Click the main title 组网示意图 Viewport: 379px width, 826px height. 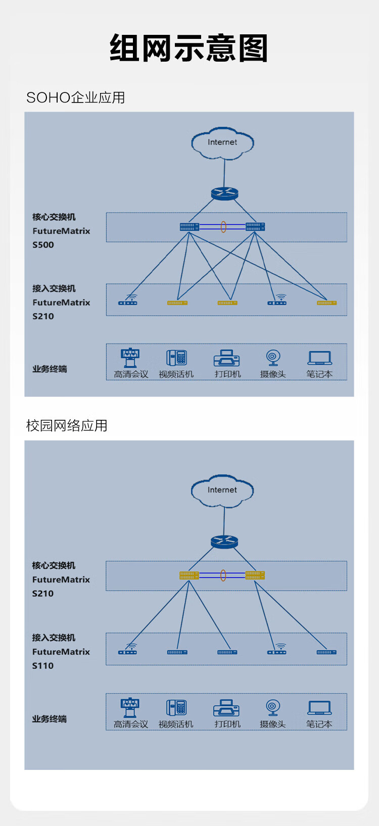click(188, 48)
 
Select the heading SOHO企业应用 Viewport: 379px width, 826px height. click(75, 97)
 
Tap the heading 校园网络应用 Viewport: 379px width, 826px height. click(67, 425)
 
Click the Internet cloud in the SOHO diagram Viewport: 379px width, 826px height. click(222, 143)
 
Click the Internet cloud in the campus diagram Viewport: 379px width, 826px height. click(222, 490)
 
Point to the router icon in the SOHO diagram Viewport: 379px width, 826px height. click(224, 193)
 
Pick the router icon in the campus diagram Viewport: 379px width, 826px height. click(224, 542)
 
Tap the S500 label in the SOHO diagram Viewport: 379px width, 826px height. click(43, 245)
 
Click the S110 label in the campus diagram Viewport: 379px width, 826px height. click(43, 666)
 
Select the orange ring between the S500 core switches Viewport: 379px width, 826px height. click(223, 227)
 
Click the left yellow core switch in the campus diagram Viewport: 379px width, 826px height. click(189, 575)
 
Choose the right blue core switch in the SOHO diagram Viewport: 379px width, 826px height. click(255, 227)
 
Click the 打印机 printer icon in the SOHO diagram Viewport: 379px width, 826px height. click(227, 358)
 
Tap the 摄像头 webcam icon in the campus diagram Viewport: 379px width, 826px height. click(273, 708)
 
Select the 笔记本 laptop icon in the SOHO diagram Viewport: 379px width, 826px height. click(319, 358)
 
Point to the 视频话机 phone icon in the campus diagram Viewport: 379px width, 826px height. click(176, 708)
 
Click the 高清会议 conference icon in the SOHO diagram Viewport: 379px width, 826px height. click(130, 358)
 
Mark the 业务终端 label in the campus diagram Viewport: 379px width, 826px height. click(50, 719)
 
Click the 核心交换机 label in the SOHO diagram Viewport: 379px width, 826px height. click(54, 217)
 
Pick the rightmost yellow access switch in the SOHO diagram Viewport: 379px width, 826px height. click(326, 303)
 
